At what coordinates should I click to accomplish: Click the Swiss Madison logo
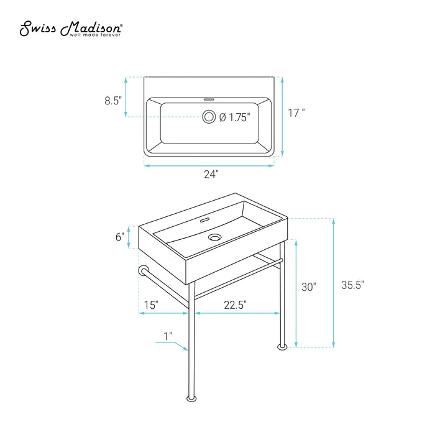[71, 29]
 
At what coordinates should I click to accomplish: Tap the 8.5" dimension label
[113, 101]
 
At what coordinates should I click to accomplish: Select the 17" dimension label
[296, 113]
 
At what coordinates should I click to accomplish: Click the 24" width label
[211, 174]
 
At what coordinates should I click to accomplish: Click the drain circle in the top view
[209, 117]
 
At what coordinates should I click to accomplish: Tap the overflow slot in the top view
[209, 98]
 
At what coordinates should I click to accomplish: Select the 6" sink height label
[120, 237]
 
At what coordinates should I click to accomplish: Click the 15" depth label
[151, 305]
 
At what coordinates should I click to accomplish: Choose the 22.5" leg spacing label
[236, 305]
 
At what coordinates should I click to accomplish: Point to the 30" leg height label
[309, 287]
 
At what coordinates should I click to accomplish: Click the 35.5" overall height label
[352, 285]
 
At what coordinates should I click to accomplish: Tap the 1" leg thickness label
[168, 336]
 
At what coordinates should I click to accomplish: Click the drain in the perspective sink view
[215, 237]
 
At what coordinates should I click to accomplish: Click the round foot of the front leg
[191, 399]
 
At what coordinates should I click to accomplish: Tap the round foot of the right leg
[282, 347]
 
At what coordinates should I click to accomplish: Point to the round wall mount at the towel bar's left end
[144, 270]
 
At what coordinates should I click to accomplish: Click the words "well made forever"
[95, 35]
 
